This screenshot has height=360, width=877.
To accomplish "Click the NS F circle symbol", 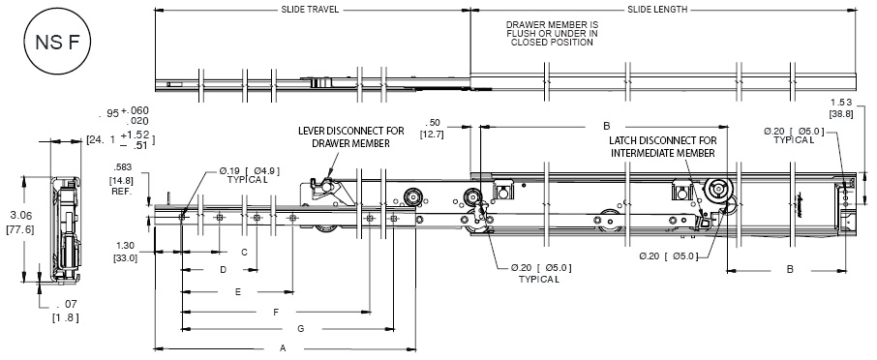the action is (x=56, y=43).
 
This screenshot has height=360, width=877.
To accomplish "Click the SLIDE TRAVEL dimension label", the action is (x=310, y=10).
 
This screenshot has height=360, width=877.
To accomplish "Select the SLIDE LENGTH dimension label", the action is (x=657, y=10).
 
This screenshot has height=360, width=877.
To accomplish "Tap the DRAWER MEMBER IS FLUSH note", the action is (x=552, y=34).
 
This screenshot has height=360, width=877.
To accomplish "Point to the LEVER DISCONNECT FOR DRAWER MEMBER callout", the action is (x=350, y=137).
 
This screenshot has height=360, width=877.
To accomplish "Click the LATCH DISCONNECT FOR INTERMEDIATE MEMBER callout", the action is (x=663, y=147).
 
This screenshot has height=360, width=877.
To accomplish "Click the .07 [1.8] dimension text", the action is (x=66, y=312).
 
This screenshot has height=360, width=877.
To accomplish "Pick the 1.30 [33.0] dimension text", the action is (x=125, y=252).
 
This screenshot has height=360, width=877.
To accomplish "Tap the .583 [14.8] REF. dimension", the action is (x=122, y=179).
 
